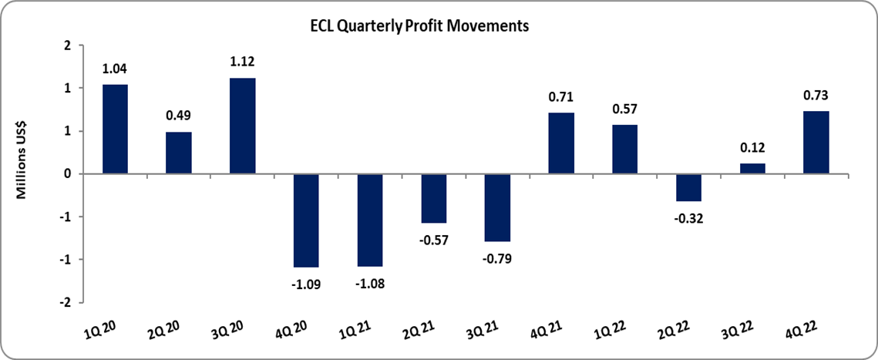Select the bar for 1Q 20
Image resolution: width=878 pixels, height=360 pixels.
pos(115,129)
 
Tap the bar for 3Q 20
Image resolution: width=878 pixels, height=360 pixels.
pos(242,126)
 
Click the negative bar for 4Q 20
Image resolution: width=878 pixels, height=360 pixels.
pos(306,220)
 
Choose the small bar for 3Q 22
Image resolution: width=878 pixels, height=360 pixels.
pos(752,169)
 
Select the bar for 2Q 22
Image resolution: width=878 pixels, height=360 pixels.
pos(688,187)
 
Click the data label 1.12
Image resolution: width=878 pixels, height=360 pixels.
pos(243,62)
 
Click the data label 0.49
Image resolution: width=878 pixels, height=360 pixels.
pos(179,116)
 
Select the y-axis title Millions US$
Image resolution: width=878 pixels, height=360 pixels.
pos(23,173)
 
